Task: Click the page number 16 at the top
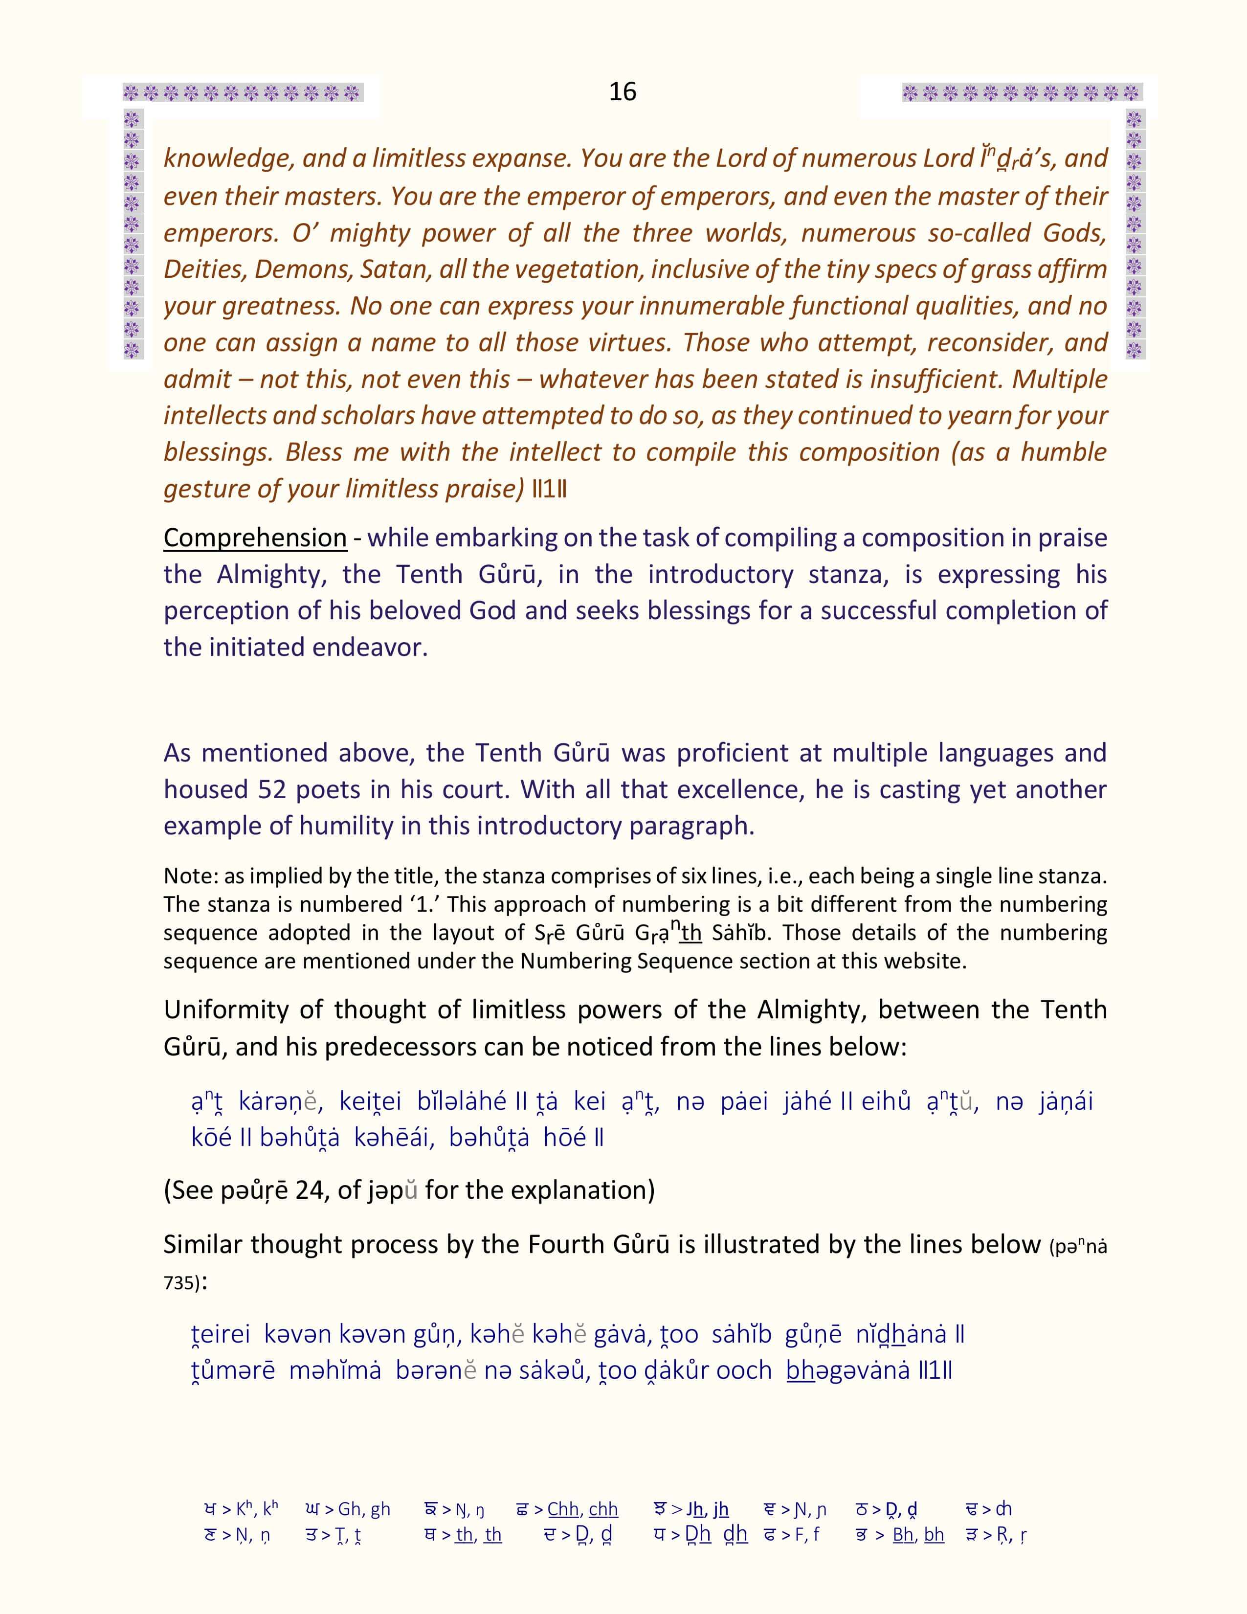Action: click(622, 91)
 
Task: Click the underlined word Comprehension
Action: click(255, 537)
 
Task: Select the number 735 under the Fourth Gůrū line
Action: click(179, 1283)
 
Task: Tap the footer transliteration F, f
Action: click(807, 1535)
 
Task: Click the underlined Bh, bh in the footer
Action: click(918, 1535)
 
